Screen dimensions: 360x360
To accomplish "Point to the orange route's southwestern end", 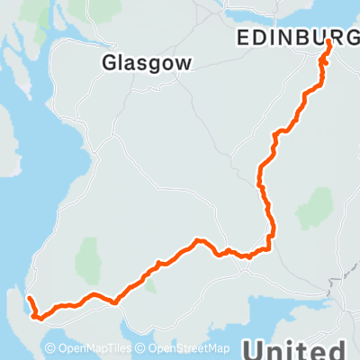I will coord(28,298).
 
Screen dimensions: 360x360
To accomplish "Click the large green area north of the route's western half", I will coord(88,261).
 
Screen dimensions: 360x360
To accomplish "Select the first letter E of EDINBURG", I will coord(243,36).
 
